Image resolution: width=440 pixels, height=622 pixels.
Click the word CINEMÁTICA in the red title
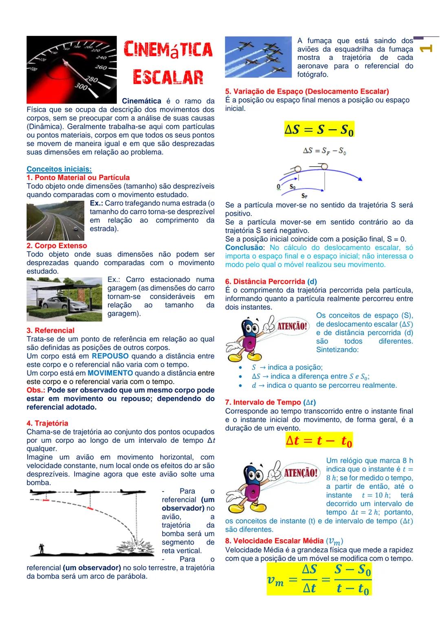tap(168, 50)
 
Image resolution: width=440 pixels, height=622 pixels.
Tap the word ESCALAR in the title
tap(168, 77)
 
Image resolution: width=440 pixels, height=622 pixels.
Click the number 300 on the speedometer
tap(81, 87)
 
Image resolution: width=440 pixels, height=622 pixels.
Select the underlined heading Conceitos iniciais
tap(59, 169)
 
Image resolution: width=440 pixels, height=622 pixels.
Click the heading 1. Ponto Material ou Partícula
tap(78, 178)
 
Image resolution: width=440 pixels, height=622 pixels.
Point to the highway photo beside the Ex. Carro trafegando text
tap(55, 220)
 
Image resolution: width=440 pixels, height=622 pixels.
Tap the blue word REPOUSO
tap(110, 356)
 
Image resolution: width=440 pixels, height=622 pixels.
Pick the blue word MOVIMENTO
tap(110, 373)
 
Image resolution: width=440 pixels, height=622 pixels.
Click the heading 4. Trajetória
tap(47, 423)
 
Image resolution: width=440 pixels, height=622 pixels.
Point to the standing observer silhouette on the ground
tap(41, 548)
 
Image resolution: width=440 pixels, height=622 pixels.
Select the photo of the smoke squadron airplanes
tap(259, 57)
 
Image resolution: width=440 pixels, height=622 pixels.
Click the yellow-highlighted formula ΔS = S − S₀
tap(319, 130)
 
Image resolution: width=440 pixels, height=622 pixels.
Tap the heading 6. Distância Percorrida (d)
tap(271, 281)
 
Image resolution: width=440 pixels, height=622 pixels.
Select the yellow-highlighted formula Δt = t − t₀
tap(319, 440)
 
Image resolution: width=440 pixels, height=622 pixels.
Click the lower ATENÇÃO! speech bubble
tap(301, 473)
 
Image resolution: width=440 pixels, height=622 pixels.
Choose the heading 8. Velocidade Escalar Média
tap(284, 541)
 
